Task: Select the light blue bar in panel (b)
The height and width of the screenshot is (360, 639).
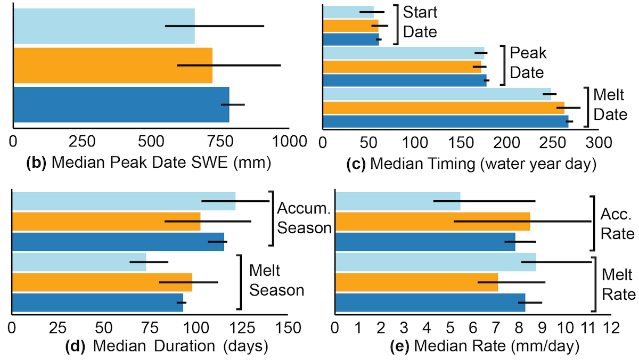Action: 104,26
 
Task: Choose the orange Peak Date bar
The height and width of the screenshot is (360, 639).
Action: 402,67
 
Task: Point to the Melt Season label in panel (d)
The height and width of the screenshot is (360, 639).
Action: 276,281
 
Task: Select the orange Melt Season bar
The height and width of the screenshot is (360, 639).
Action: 102,282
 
